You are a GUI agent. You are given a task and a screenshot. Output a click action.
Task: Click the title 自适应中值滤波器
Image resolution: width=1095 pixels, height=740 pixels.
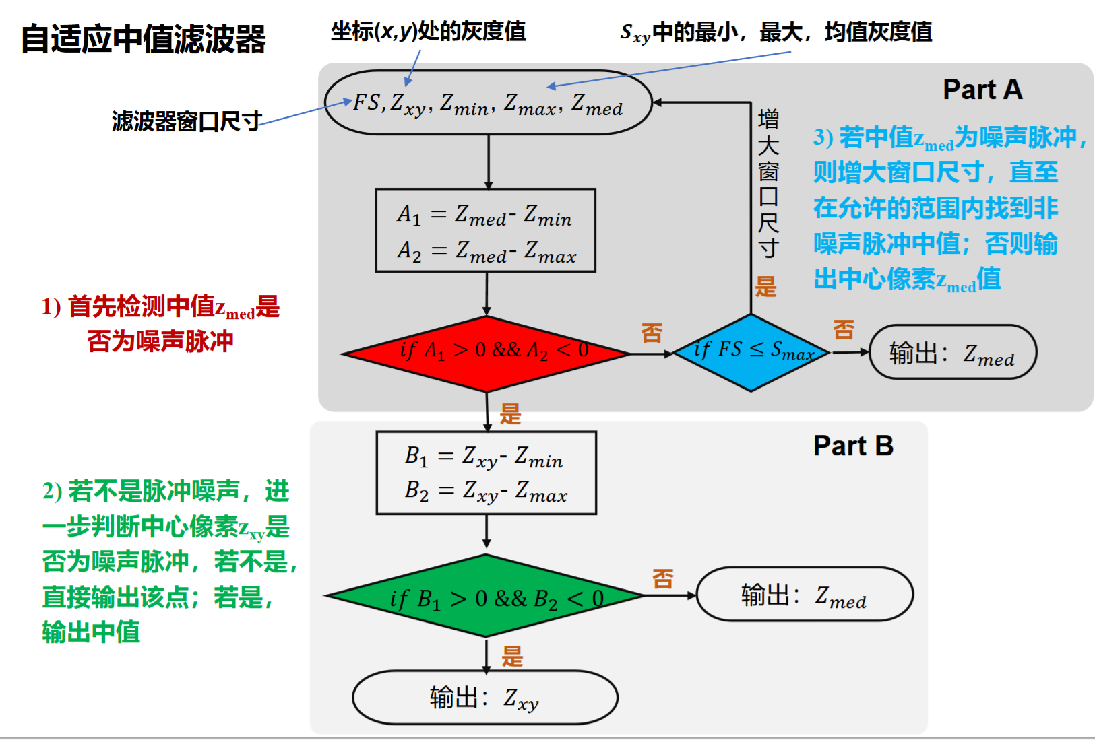144,39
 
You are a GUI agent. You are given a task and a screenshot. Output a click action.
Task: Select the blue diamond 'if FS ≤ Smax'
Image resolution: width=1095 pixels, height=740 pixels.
751,352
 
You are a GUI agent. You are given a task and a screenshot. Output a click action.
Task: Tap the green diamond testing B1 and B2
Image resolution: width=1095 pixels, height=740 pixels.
486,597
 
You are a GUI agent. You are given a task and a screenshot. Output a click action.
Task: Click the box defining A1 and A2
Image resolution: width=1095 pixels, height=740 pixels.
485,231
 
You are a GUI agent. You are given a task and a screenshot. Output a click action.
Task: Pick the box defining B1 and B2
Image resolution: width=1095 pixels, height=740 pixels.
486,473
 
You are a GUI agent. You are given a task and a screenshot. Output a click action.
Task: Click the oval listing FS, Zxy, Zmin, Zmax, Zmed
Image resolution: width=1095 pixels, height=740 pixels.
489,103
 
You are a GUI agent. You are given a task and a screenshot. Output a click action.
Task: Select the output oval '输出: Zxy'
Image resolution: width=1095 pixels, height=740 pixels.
484,698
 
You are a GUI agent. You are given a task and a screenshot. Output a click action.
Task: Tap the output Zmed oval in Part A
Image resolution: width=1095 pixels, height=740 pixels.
952,352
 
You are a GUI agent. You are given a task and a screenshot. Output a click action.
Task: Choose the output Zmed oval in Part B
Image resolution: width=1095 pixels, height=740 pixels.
804,595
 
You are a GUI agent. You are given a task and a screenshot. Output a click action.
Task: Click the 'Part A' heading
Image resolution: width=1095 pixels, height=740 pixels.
982,90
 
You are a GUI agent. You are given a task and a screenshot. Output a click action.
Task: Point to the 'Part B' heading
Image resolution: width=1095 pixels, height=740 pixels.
853,446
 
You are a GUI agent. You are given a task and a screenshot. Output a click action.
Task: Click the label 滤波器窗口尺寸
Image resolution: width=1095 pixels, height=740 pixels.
187,122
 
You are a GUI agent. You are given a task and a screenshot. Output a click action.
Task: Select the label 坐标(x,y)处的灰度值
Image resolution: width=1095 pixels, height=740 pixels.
428,31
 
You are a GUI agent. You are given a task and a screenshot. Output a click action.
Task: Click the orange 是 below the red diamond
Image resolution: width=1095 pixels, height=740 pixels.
510,414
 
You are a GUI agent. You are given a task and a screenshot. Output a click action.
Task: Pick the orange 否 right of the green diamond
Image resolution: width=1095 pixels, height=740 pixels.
662,578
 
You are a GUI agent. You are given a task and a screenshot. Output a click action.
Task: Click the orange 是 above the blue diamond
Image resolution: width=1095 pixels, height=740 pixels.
765,287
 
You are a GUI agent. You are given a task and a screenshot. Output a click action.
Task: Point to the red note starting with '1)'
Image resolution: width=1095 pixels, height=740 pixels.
160,324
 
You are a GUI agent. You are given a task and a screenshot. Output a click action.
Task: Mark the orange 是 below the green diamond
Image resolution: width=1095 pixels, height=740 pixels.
512,657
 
